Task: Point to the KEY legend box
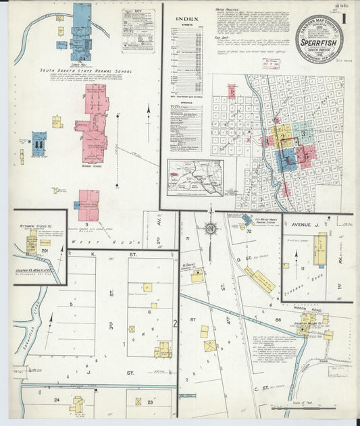point(138,30)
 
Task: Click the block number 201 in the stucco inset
point(46,250)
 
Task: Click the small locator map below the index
point(195,178)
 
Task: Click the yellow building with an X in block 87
point(210,346)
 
